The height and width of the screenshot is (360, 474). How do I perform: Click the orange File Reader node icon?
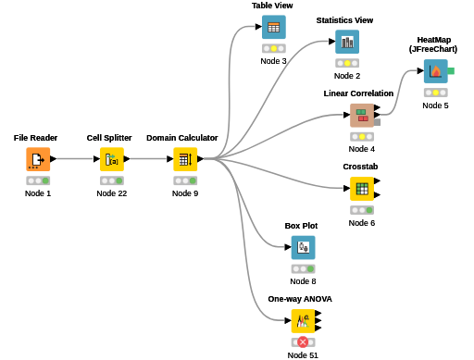[x=38, y=159]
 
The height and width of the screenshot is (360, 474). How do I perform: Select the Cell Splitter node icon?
[x=112, y=159]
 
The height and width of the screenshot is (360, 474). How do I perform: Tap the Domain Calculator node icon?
[x=185, y=159]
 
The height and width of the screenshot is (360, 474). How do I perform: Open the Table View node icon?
[x=274, y=27]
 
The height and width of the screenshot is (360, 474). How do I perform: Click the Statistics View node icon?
[x=347, y=42]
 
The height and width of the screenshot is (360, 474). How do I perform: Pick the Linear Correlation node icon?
[x=362, y=116]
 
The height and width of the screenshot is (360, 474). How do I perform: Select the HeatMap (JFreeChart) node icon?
[x=436, y=71]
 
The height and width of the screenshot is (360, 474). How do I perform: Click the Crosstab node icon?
[x=362, y=189]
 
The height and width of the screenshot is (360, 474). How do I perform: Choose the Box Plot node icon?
[x=304, y=248]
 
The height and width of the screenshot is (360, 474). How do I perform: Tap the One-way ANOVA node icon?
[x=303, y=321]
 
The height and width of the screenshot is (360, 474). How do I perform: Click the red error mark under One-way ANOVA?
[x=303, y=342]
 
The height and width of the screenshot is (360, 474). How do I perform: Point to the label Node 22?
[x=112, y=193]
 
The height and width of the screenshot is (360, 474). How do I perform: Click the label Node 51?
[x=303, y=355]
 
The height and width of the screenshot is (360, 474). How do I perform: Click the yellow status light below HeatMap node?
[x=436, y=93]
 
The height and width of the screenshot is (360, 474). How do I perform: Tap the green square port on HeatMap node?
[x=451, y=71]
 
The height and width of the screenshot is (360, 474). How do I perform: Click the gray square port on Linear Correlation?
[x=377, y=122]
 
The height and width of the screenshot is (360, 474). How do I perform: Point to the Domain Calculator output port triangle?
[x=201, y=159]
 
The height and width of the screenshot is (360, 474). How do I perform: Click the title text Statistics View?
[x=344, y=20]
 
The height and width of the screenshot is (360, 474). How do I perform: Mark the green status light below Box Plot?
[x=310, y=269]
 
